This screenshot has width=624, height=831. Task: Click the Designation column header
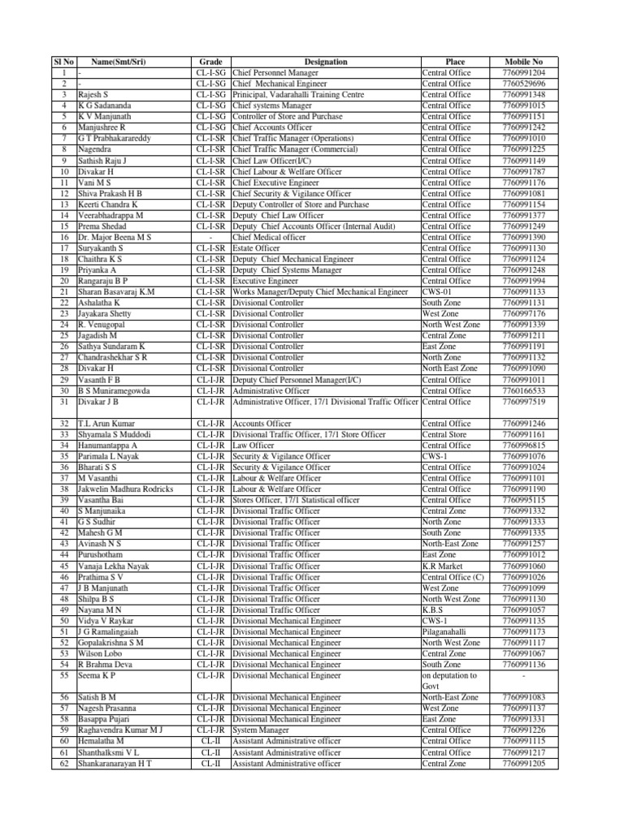[x=325, y=62]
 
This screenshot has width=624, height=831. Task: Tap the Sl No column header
[x=63, y=62]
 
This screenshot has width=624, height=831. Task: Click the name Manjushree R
[x=102, y=127]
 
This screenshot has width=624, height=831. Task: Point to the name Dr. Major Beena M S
[x=115, y=237]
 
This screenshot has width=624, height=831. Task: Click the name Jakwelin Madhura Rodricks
[x=125, y=489]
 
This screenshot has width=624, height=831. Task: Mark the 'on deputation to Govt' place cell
[x=449, y=680]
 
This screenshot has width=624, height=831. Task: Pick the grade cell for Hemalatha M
[x=210, y=741]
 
